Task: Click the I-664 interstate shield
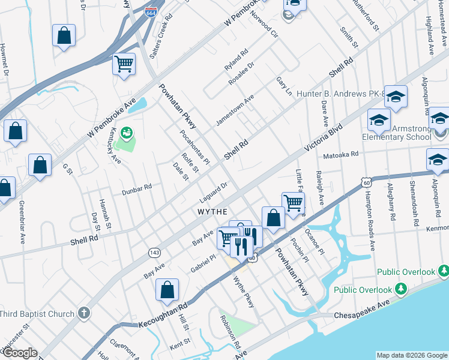[x=151, y=11]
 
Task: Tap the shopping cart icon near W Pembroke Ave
[x=124, y=63]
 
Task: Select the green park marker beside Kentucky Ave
[x=127, y=131]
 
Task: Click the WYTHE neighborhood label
[x=212, y=212]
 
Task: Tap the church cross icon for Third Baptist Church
[x=84, y=313]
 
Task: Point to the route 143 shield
[x=155, y=253]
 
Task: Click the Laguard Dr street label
[x=213, y=193]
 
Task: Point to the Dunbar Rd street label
[x=137, y=190]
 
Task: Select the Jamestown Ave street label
[x=235, y=109]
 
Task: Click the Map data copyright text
[x=411, y=355]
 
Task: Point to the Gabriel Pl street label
[x=203, y=263]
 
